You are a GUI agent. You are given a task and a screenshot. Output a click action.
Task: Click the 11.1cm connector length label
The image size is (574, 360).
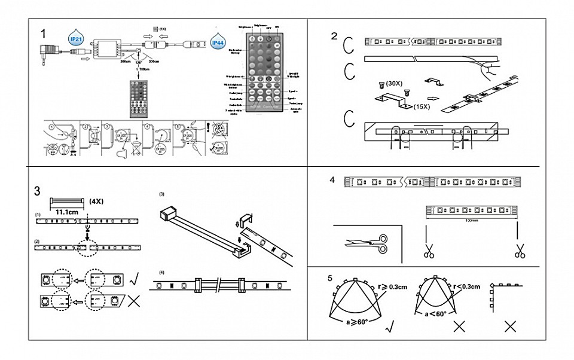(x=66, y=211)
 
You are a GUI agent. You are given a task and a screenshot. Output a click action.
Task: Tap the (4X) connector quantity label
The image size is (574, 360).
(x=96, y=201)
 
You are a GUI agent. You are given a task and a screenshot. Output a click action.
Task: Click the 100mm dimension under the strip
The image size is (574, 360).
(x=472, y=220)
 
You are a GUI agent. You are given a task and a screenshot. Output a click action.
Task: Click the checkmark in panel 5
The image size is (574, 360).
(x=390, y=327)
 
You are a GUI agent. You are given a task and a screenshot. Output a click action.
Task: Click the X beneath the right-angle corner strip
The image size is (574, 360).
(x=509, y=327)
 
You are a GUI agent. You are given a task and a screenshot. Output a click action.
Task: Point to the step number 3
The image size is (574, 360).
(x=38, y=191)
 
